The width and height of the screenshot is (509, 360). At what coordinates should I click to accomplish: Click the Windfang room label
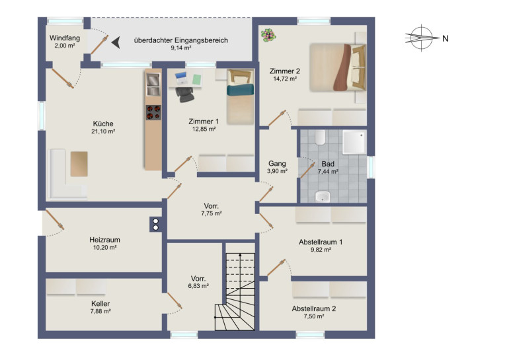pos(65,38)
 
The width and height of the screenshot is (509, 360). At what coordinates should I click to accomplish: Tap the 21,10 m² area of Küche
pos(103,131)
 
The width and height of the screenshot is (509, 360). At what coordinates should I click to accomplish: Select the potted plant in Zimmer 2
pos(268,35)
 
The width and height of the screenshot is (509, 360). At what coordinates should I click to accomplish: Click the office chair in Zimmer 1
pos(185,94)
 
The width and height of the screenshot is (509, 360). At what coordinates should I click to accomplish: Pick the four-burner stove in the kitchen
pos(153,112)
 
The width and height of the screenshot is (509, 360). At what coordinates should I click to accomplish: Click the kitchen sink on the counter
pos(153,85)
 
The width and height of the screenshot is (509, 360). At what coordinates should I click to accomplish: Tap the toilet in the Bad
pos(320,137)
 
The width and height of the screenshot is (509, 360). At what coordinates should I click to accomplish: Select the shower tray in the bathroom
pos(354,142)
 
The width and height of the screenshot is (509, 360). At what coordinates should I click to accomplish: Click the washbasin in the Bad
pos(323,197)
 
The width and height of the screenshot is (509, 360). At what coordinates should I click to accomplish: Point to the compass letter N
pos(445,38)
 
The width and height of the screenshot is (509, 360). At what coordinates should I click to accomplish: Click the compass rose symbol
pos(422,38)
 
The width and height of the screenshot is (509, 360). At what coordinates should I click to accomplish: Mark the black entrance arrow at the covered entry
pos(116,42)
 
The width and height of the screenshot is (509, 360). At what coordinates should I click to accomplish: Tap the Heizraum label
pos(104,240)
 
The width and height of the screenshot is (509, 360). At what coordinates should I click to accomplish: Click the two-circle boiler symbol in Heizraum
pos(155,224)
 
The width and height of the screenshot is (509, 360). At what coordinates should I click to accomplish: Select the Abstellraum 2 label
pos(313,308)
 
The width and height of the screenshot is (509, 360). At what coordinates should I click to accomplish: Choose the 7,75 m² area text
pos(212,213)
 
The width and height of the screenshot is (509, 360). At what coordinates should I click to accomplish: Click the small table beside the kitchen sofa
pos(79,164)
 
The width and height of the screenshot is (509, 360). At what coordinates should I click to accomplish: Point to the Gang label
pos(277,164)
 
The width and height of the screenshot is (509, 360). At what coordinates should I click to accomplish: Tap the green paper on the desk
pos(197,79)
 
